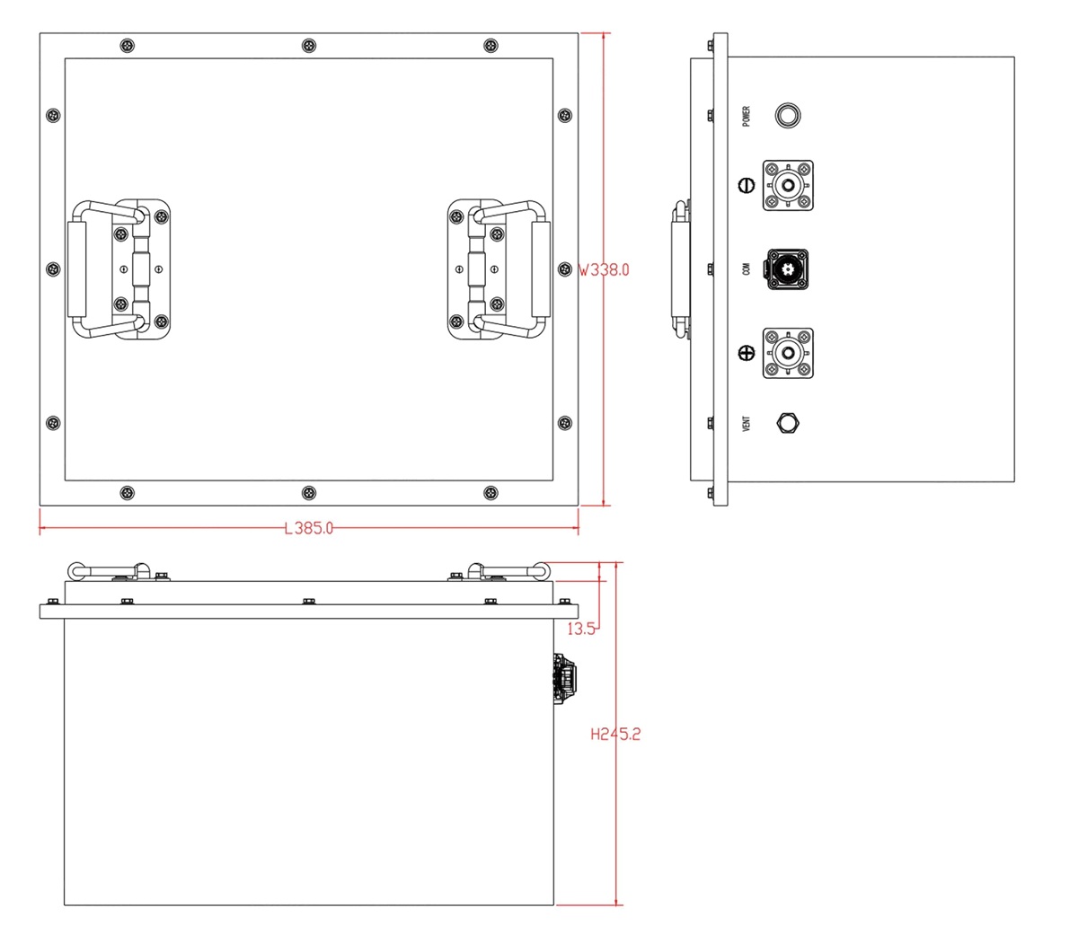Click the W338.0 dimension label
coord(604,270)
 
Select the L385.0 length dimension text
coord(309,528)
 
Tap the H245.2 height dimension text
coord(615,735)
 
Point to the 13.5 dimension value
coord(581,630)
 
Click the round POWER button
coord(788,116)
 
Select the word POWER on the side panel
coord(746,116)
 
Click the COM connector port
coord(787,269)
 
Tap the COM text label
coord(746,269)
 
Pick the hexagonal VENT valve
coord(788,423)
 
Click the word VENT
coord(746,423)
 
